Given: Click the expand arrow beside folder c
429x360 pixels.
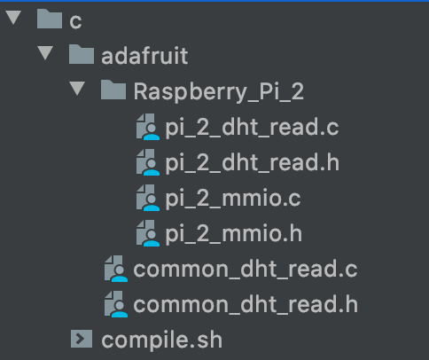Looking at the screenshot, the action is pos(13,17).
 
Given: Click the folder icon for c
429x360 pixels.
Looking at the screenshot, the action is pos(50,19).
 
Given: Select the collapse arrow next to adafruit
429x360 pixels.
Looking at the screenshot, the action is pos(45,53).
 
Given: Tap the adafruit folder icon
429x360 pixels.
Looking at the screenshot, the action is pos(82,54).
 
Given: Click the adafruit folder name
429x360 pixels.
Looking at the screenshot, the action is pos(144,56).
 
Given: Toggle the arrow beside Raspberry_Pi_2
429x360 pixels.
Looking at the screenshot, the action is pos(77,89).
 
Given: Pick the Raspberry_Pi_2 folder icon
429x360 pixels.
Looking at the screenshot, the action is pos(113,90).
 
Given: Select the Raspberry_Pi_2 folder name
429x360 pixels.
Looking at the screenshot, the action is pos(219,92).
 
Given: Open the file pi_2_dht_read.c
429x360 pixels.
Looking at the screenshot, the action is pos(252,128).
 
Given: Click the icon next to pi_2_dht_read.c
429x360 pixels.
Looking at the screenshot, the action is pos(148,127).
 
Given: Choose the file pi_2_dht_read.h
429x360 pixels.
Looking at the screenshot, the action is pos(252,163).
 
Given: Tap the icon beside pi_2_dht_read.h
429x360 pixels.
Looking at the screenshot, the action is pos(148,162).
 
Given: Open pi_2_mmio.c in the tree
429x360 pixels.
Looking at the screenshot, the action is pos(233,199).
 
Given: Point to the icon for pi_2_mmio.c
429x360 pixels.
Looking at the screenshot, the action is pos(148,198).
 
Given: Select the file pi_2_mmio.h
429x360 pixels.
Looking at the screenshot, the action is pos(233,234).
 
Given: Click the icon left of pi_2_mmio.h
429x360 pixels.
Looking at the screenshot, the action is pos(148,233).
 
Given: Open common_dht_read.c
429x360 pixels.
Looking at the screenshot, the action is pos(246,270).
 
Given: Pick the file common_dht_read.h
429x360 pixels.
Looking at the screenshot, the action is pos(246,305).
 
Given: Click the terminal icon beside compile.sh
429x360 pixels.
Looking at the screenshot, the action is pos(82,339).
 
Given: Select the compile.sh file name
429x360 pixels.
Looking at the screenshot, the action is pos(161,340).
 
